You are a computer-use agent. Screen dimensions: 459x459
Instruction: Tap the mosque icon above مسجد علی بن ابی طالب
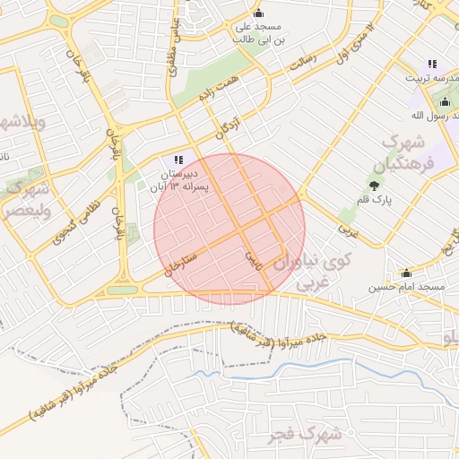[259, 13]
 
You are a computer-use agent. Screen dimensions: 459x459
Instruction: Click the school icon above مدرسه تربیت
[432, 64]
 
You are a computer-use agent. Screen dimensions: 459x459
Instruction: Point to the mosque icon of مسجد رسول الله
[446, 101]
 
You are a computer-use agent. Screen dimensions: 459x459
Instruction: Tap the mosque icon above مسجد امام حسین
[406, 273]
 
